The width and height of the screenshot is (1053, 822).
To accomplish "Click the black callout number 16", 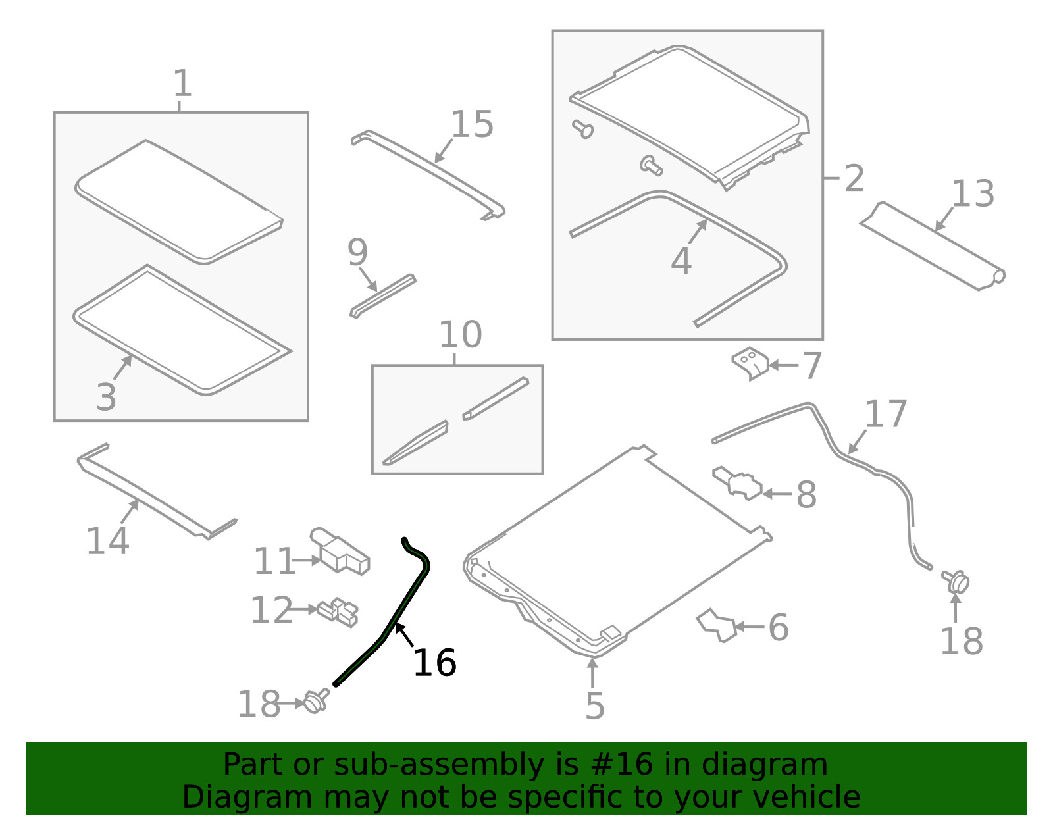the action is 434,662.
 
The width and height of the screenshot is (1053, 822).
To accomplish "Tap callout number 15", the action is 472,124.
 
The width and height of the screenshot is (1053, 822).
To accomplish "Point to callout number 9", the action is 357,252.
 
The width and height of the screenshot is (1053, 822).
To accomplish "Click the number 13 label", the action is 973,193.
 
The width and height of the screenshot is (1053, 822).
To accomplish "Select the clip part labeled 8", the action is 737,482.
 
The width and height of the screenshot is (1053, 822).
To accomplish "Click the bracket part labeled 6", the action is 716,625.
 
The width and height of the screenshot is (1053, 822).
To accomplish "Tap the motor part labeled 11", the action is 340,551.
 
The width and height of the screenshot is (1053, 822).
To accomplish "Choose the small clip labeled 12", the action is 338,612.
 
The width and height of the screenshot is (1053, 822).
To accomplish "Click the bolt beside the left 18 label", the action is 317,701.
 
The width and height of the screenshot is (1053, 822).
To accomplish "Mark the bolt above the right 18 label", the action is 955,582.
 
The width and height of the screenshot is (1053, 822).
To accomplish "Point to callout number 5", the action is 594,706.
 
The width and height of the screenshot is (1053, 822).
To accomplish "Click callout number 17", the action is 885,414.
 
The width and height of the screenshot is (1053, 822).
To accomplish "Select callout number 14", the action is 107,540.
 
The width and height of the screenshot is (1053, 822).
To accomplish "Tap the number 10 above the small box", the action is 460,334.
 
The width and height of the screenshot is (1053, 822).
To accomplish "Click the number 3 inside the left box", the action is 106,398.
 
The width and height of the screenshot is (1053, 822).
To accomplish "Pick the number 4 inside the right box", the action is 681,261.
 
